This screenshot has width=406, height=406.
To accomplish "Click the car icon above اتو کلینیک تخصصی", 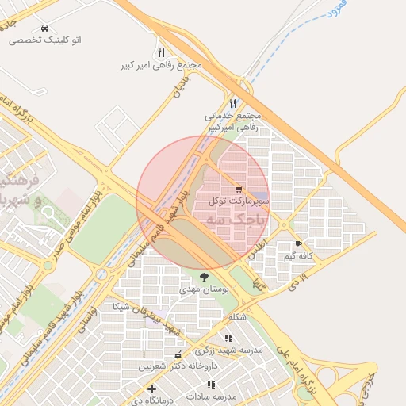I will point(44,28).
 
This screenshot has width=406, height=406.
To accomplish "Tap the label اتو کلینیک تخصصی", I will point(45,40).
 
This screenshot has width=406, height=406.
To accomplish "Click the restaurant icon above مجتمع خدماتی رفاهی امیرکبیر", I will point(232,103).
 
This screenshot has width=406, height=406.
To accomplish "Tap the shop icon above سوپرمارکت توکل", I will point(238,189).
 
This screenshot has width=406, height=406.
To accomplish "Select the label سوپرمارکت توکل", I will point(239,201).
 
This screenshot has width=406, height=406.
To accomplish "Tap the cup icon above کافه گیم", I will point(298,244).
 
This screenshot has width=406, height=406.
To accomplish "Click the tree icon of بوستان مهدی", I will point(205,278).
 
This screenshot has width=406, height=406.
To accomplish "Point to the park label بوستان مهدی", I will point(205,290).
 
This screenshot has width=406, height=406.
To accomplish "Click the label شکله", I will point(237,317).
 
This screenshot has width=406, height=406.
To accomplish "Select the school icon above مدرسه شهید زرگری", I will point(229,339).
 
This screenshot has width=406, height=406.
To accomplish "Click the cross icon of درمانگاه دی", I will point(151,388).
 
